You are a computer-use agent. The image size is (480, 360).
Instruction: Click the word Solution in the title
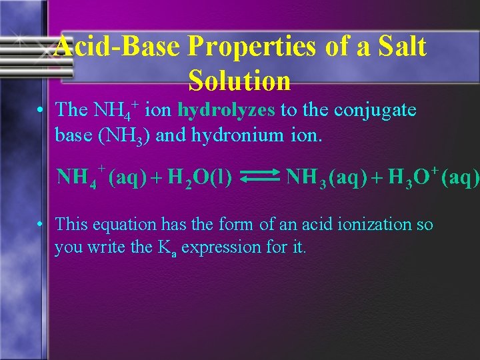(x=239, y=81)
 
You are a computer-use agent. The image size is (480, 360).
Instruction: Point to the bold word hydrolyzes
(x=227, y=109)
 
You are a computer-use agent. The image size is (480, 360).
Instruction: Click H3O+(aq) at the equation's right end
(x=433, y=177)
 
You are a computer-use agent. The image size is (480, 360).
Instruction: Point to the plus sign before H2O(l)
(x=157, y=178)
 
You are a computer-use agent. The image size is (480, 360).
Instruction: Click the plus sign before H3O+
(x=377, y=178)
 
